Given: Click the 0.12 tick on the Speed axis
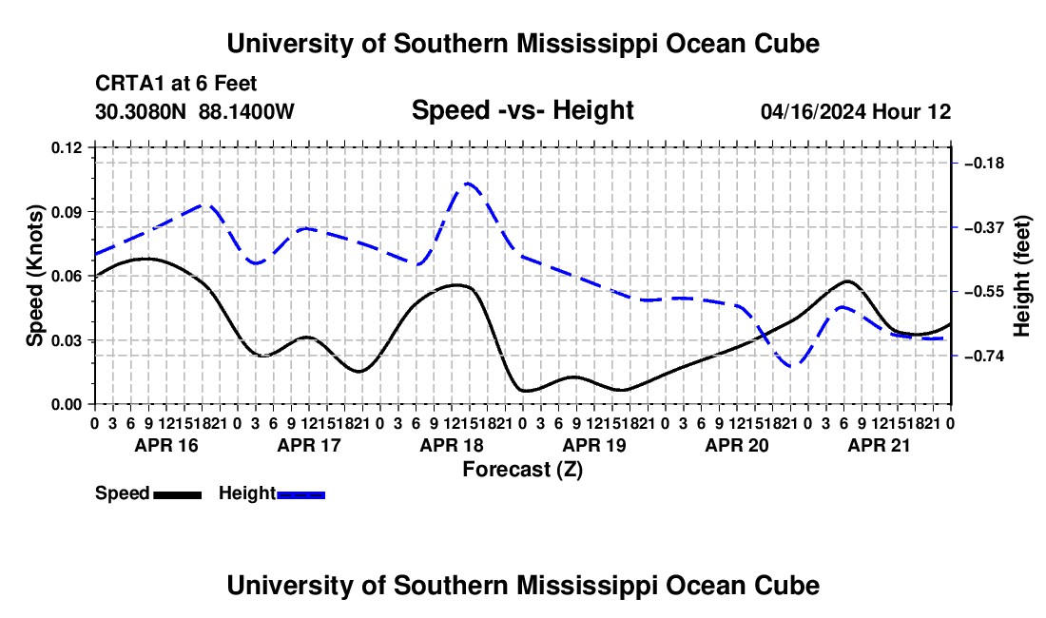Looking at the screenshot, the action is coord(66,148).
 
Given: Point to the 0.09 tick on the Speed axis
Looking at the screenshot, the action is coord(66,212).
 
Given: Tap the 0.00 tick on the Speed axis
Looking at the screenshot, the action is coord(66,405).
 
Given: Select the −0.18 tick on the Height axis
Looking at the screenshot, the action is coord(985,164).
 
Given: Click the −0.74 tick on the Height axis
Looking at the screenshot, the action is coord(985,356).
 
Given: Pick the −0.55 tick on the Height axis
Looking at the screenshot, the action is coord(985,292).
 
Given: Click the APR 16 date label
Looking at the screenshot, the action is coord(166,445).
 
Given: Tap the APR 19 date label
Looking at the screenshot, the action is coord(594,445).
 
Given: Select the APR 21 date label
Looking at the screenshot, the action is coord(879,445).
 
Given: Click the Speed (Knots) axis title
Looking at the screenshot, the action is coord(34,276).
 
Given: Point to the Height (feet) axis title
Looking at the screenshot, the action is coord(1021,276).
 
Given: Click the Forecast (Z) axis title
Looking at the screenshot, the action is coord(522,470).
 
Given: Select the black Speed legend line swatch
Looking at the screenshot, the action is coord(178,495).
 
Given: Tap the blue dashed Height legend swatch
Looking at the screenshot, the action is coord(300,495).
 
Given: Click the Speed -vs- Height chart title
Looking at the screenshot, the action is coord(522,110).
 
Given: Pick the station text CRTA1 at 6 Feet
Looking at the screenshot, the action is coord(176,84).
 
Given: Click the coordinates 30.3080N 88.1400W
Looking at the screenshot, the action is coord(195,111).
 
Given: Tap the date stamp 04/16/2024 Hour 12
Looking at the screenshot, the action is coord(856,111).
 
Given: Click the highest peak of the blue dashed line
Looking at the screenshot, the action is coord(468,183).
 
